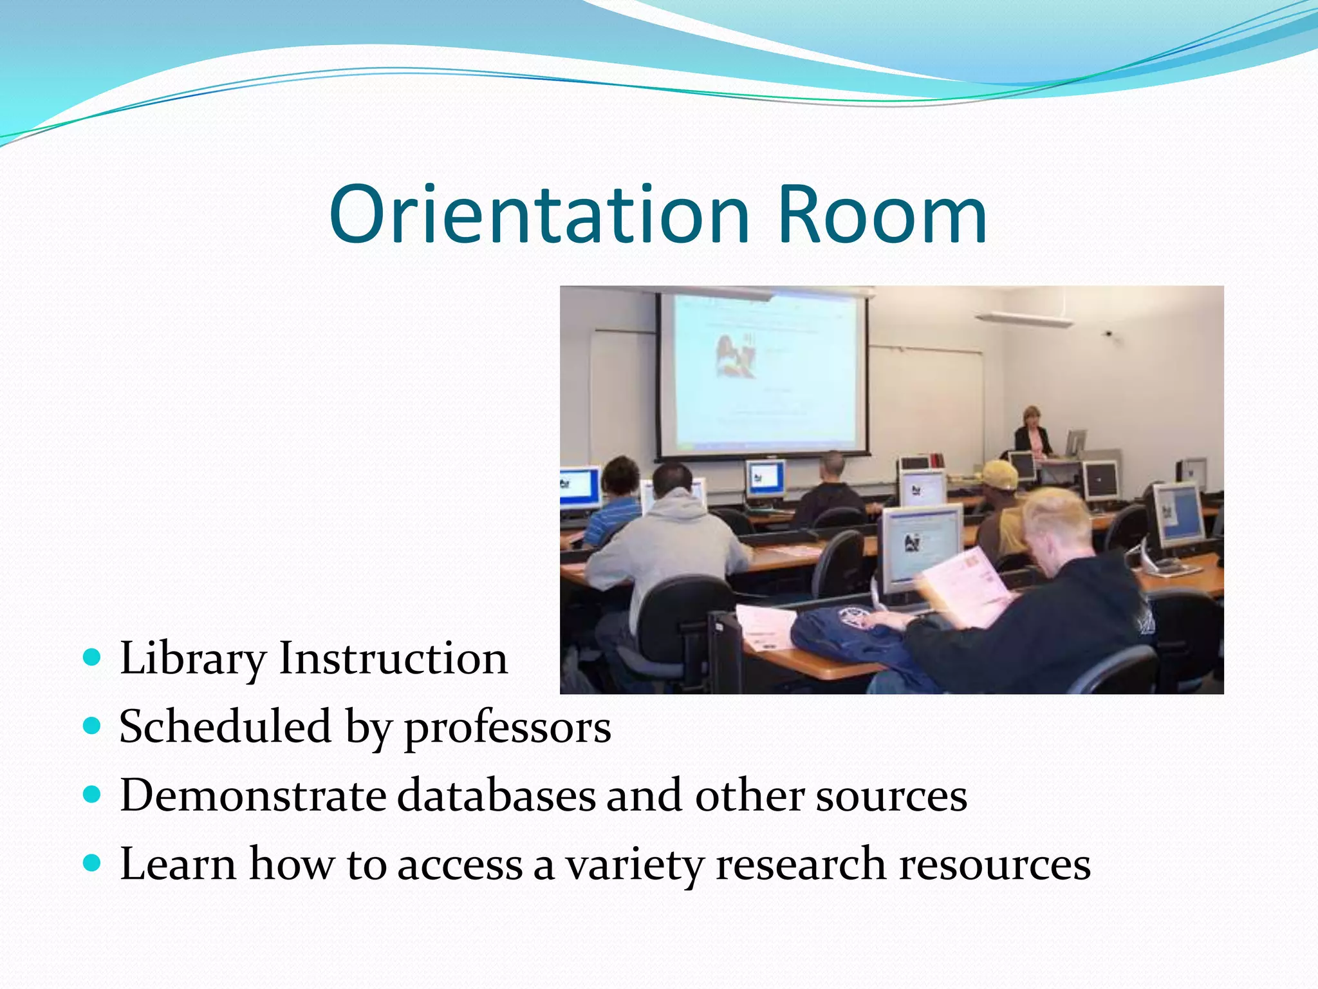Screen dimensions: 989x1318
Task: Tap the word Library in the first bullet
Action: coord(192,659)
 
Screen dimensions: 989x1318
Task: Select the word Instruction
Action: coord(393,659)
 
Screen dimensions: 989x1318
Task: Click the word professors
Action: coord(507,728)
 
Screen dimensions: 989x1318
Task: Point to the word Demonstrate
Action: coord(253,795)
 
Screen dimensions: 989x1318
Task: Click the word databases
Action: coord(496,795)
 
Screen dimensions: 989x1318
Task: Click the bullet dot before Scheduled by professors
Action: coord(93,726)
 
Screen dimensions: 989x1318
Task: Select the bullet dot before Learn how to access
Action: coord(93,863)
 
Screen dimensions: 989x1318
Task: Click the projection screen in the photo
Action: coord(763,373)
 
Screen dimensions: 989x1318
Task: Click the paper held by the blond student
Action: coord(965,586)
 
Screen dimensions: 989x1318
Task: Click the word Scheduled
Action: coord(225,728)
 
